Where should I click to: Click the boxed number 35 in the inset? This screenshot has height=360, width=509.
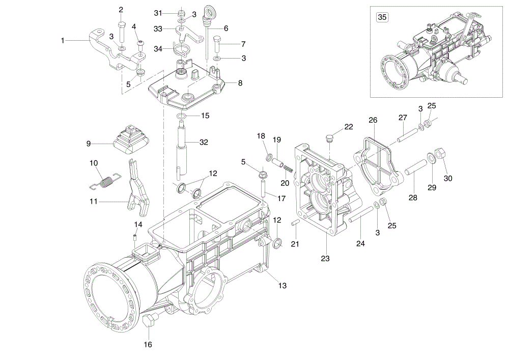point(382,17)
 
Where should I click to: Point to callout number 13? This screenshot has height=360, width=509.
point(282,286)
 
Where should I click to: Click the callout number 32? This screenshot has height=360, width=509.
point(204,142)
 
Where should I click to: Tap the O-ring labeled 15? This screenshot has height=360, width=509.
point(182,116)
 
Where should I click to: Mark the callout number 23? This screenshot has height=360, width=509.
point(325,258)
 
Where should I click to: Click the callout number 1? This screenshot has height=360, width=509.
point(63,41)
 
